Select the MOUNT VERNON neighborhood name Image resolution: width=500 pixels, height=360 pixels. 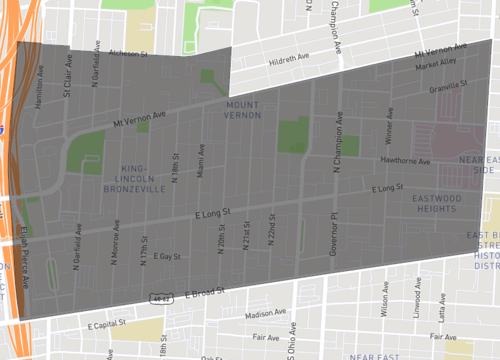point(242,110)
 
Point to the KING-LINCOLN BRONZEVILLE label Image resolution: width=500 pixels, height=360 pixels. point(132,178)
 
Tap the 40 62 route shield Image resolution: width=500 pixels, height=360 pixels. point(160,297)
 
